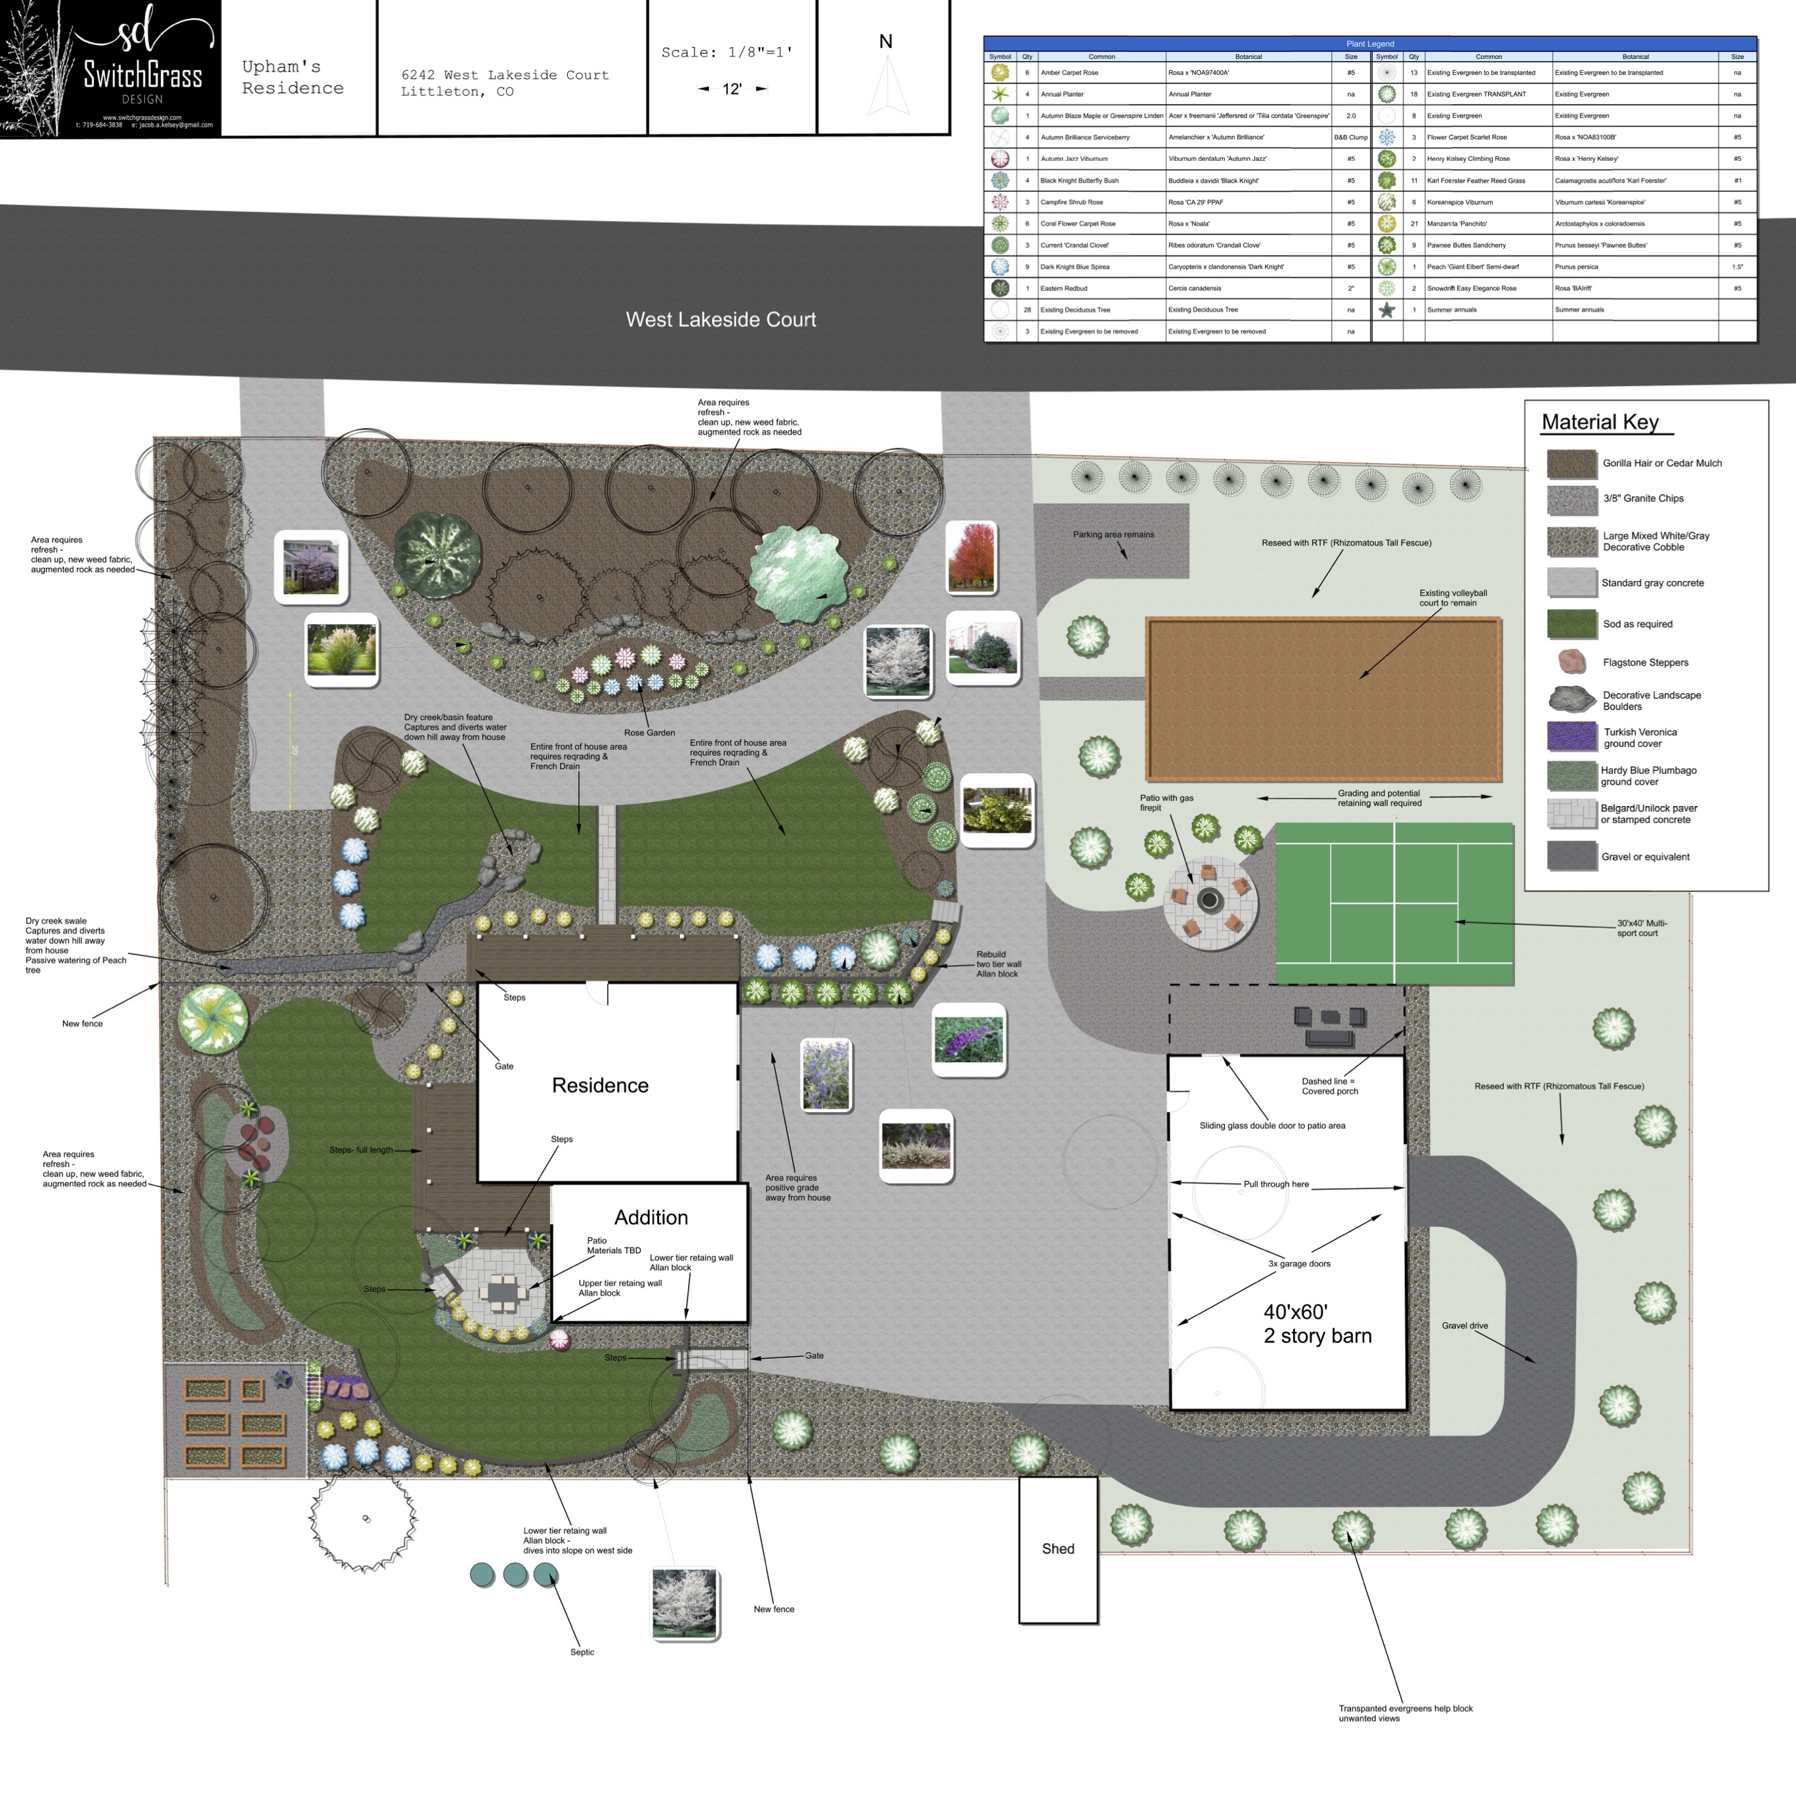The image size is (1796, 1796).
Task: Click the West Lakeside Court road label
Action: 721,320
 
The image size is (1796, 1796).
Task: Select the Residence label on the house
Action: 599,1086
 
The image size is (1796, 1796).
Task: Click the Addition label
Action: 651,1218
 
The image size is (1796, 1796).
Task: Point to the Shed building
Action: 1058,1549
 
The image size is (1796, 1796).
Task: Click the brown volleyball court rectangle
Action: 1323,699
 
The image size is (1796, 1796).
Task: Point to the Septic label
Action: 582,1652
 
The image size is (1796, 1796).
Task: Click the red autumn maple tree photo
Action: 970,558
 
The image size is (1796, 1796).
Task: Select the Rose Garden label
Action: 649,733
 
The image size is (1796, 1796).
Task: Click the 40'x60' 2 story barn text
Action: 1316,1325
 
